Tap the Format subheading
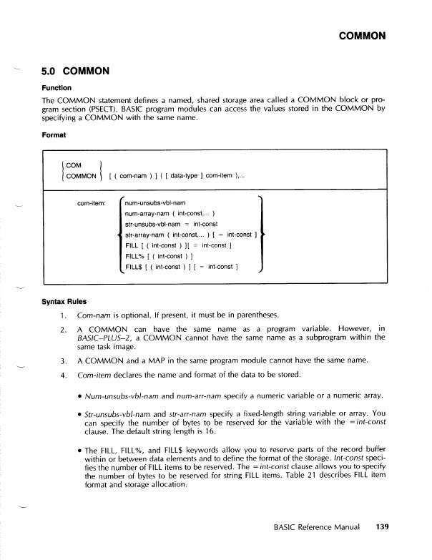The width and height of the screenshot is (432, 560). click(54, 134)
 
